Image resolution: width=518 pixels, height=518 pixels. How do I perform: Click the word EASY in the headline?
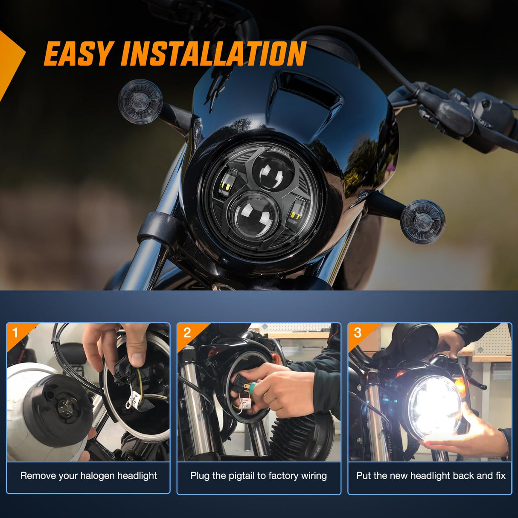click(x=78, y=54)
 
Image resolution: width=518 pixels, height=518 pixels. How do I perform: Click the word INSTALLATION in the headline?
click(x=213, y=54)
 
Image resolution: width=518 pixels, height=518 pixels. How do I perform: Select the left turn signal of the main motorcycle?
click(x=140, y=102)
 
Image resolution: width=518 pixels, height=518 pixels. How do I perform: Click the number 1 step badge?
click(x=16, y=332)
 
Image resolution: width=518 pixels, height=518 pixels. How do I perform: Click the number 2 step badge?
click(x=187, y=332)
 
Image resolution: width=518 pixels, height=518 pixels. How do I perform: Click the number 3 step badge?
click(x=358, y=332)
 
